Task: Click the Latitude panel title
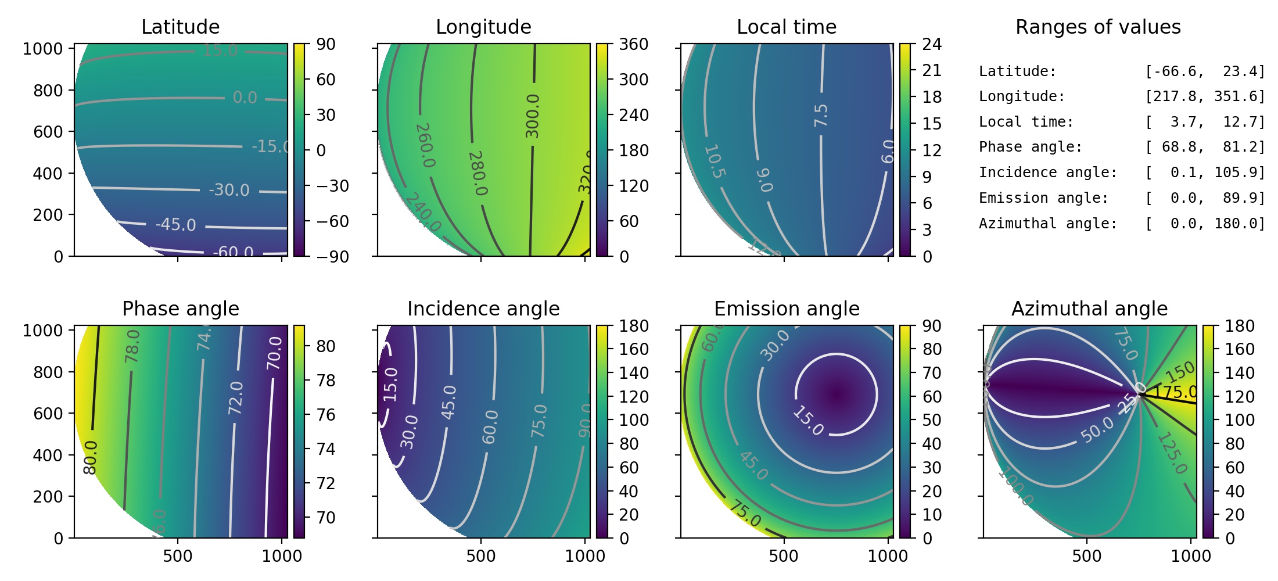pos(180,27)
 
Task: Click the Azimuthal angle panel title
pos(1089,309)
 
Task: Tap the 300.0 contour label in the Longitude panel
pos(532,116)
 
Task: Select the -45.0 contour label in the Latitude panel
pos(175,224)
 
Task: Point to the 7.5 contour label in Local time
pos(821,116)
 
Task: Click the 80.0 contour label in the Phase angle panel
pos(91,457)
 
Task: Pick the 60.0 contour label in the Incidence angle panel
pos(490,426)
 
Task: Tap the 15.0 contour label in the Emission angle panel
pos(808,421)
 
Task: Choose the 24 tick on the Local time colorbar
pos(932,44)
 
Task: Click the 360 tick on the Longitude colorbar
pos(633,44)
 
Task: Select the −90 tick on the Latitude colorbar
pos(332,256)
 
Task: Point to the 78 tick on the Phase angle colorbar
pos(326,381)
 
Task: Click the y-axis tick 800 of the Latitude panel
pos(48,91)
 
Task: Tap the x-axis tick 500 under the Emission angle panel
pos(784,556)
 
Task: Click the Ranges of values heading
pos(1098,27)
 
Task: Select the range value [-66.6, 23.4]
pos(1205,71)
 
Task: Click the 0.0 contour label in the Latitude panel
pos(245,97)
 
